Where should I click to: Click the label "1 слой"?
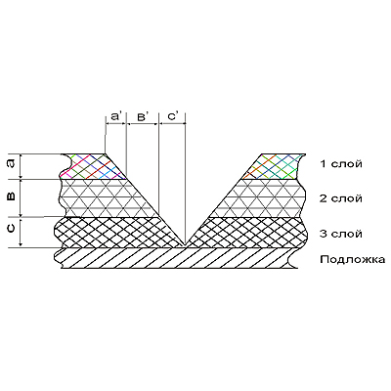click(341, 163)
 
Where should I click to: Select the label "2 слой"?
click(341, 198)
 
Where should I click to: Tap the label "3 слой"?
click(341, 234)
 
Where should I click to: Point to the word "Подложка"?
click(353, 260)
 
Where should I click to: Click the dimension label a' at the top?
click(116, 116)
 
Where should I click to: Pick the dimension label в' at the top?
click(144, 116)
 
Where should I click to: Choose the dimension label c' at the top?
click(173, 116)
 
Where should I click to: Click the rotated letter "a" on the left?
click(11, 164)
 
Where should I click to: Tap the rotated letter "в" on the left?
click(11, 196)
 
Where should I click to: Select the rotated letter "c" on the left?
click(11, 228)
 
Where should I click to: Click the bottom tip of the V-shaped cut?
click(185, 245)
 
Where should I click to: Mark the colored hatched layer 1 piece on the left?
click(91, 166)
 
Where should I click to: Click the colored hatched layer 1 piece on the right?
click(276, 166)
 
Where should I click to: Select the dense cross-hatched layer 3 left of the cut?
click(114, 233)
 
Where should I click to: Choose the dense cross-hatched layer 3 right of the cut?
click(251, 233)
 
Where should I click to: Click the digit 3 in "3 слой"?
click(323, 234)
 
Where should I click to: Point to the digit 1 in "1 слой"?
click(324, 163)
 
